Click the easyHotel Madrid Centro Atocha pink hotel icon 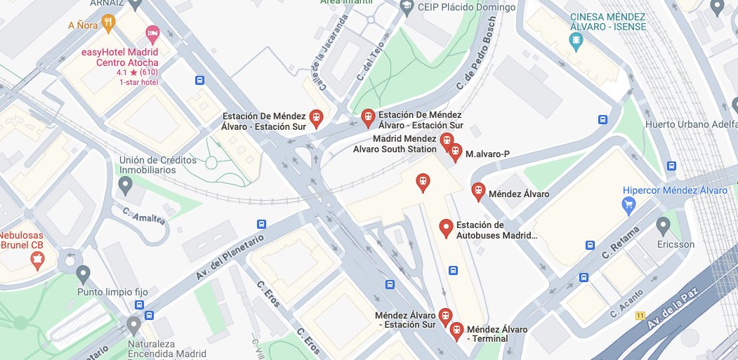click(151, 33)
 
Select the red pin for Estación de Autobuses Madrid click(445, 227)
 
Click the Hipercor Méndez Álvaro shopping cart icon click(630, 204)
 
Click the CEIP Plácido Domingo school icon click(406, 7)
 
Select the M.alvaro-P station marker click(456, 152)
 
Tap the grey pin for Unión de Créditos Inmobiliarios click(126, 186)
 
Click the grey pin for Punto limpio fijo click(84, 274)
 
